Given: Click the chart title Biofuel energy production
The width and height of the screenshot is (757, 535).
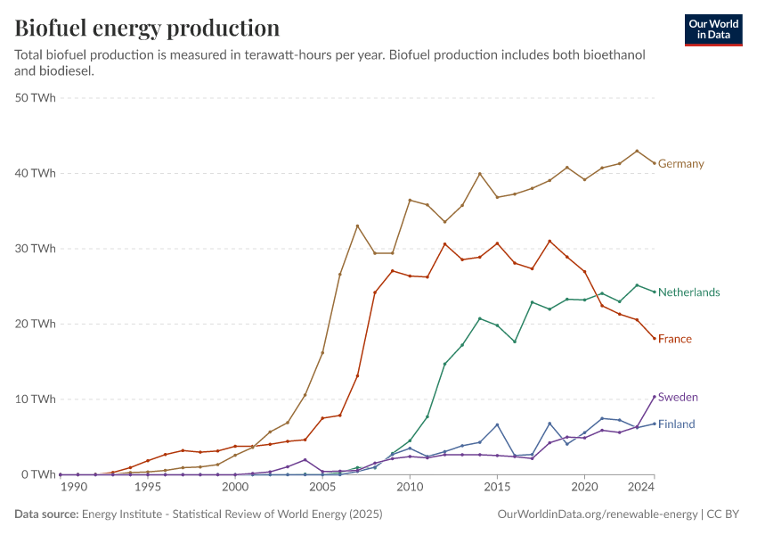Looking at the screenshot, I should click(x=147, y=28).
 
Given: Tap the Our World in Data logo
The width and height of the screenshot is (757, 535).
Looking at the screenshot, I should click(x=712, y=29).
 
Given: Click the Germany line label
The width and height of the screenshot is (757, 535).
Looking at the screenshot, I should click(x=680, y=164).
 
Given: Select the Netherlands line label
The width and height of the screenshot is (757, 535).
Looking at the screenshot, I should click(x=688, y=292).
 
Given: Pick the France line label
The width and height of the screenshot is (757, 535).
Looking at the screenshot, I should click(x=674, y=339).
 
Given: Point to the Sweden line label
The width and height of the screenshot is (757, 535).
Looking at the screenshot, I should click(x=677, y=397).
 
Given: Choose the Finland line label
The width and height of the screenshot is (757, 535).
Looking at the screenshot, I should click(x=676, y=424).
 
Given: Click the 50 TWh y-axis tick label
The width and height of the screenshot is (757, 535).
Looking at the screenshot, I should click(x=37, y=98).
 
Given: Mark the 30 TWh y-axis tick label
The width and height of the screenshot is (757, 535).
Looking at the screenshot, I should click(x=37, y=249).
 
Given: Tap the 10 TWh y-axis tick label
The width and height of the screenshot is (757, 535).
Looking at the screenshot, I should click(x=37, y=399).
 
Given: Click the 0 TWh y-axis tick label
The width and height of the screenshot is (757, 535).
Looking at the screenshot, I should click(x=39, y=474).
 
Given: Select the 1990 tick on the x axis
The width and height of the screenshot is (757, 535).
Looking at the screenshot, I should click(x=74, y=488).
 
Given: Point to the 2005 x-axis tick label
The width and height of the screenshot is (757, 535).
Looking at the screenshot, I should click(x=322, y=488).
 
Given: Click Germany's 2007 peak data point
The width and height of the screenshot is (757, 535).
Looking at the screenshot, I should click(x=357, y=226).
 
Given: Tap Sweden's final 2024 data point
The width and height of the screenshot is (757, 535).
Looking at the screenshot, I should click(x=655, y=397).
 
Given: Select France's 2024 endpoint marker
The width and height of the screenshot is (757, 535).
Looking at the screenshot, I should click(x=655, y=338).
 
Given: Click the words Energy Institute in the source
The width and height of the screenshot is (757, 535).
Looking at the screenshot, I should click(x=118, y=514).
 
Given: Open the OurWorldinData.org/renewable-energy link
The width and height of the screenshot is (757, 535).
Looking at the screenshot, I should click(x=597, y=514).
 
